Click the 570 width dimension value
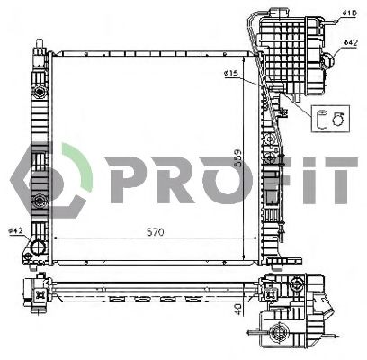tap(155, 231)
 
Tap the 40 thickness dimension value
tap(237, 308)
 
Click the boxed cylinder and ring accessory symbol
tap(326, 117)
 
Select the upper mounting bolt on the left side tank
tap(38, 94)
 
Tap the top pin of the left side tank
tap(38, 42)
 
